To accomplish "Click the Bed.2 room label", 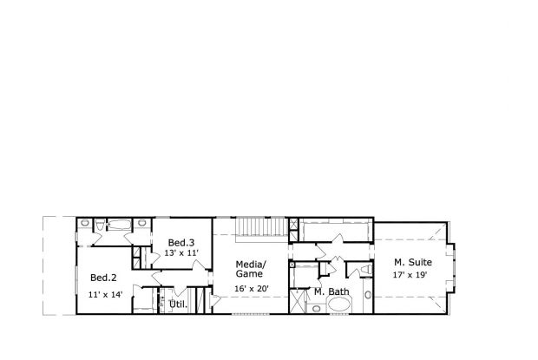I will point(103,278).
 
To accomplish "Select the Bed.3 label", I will point(180,242).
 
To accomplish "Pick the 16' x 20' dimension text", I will point(251,288).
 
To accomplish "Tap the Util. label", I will point(178,304).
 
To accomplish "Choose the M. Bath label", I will point(331,291).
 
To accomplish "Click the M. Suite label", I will point(412,262).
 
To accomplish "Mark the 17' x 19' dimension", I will point(412,275).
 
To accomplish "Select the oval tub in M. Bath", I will point(339,304).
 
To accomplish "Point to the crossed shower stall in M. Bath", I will point(299,301).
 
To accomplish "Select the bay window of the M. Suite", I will point(457,265).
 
